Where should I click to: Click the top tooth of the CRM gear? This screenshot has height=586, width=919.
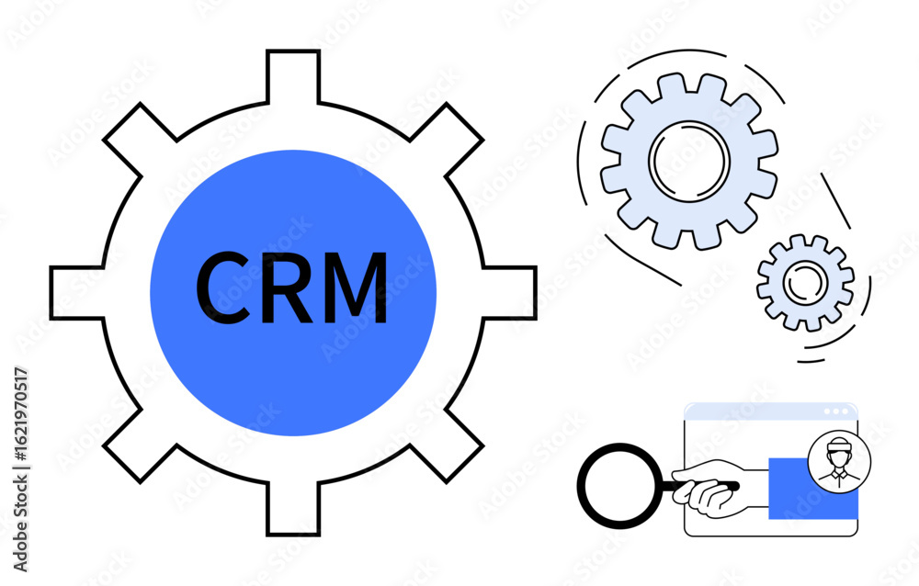coord(293,77)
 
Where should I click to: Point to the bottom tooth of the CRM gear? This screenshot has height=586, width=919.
coord(293,509)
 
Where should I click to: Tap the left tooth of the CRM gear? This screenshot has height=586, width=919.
coord(77,293)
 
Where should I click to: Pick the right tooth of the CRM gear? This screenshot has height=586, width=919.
coord(509,293)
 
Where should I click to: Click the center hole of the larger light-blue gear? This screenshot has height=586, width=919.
coord(689,161)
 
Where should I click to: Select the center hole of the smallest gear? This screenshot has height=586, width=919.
coord(805,283)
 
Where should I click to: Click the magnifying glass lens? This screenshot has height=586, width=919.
coord(620,485)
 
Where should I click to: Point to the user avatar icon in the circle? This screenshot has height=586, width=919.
coord(839,461)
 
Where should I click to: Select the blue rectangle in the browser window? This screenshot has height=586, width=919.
coord(813,489)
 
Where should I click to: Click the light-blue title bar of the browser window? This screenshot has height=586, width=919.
coord(771,411)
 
